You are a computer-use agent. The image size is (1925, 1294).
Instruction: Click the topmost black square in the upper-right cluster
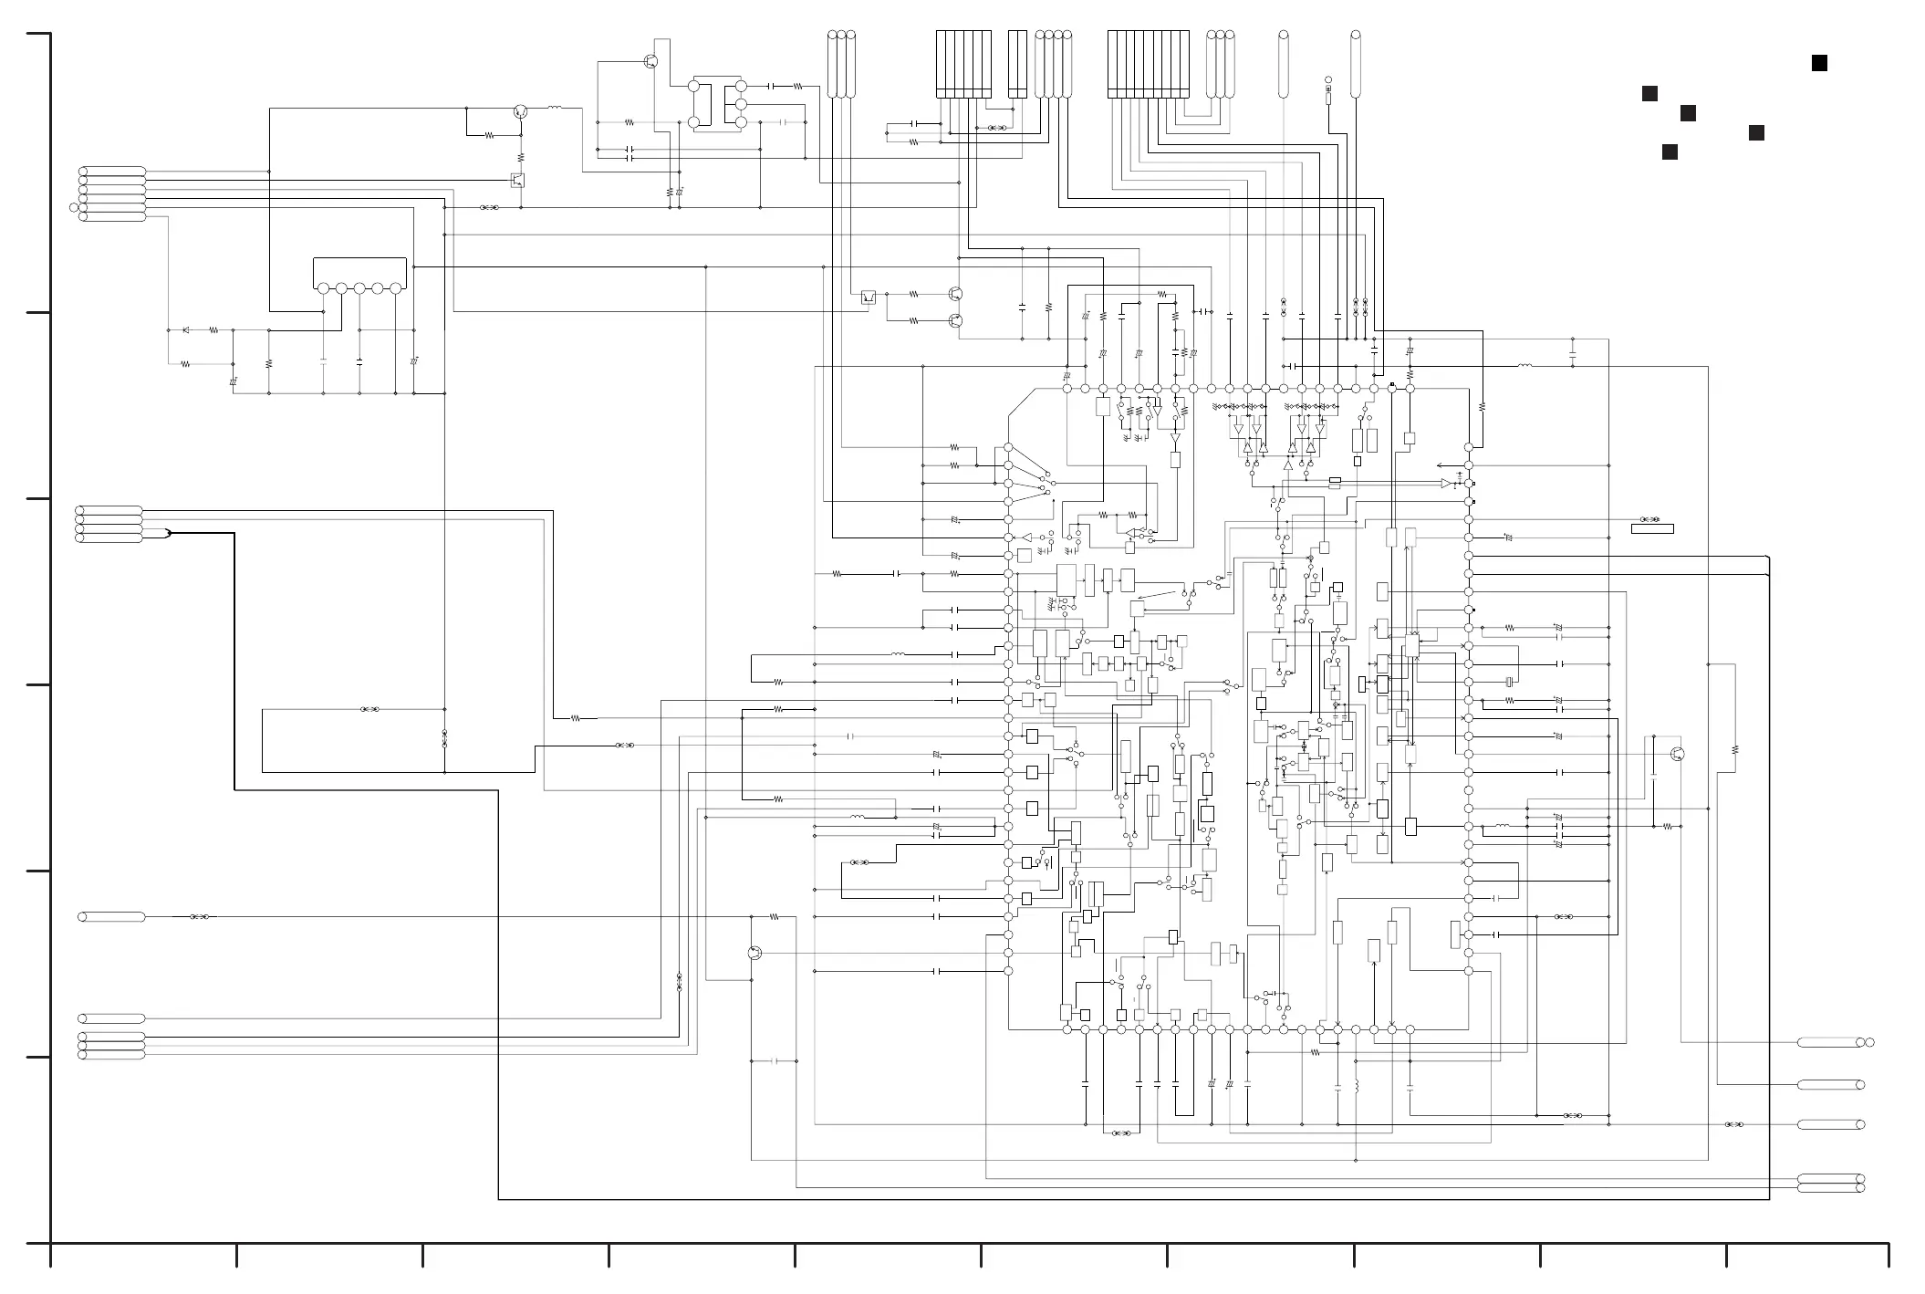(1819, 63)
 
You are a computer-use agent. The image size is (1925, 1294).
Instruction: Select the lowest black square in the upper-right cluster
(1670, 151)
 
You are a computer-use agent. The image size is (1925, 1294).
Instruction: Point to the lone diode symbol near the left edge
(186, 329)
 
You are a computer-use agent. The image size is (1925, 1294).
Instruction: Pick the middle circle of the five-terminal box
(359, 288)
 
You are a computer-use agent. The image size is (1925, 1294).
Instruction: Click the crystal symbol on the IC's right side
(1510, 682)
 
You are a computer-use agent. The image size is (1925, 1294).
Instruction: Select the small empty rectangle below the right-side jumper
(1652, 529)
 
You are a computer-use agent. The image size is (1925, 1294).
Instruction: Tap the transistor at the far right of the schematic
(1677, 754)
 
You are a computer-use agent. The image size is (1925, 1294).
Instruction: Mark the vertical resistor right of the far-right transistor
(1734, 750)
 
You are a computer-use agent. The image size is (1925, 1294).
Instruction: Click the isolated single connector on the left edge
(112, 916)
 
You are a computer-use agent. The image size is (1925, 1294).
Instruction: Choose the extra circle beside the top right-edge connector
(1870, 1042)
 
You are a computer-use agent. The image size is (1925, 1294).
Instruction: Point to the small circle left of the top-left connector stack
(74, 207)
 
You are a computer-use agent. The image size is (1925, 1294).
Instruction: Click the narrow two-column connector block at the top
(1017, 64)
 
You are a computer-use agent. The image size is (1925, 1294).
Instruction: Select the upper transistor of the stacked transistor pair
(955, 294)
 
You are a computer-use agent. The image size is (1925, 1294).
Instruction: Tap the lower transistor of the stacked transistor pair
(955, 320)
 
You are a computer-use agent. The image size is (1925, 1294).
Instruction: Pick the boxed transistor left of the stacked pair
(869, 297)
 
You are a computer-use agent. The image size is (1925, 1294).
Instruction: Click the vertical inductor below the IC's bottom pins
(1356, 1087)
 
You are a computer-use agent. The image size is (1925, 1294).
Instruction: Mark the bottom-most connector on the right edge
(1830, 1188)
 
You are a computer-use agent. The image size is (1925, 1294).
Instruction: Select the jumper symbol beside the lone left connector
(199, 916)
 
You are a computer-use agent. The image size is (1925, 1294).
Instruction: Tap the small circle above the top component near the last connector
(1328, 80)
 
